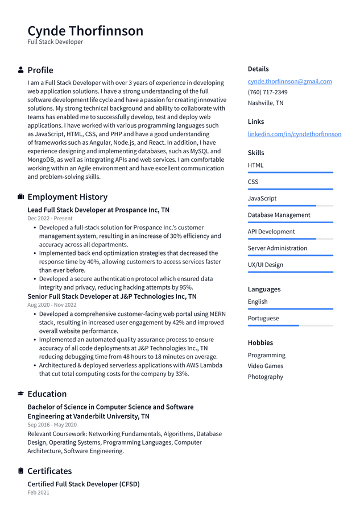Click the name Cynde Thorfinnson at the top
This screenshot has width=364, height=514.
(x=85, y=31)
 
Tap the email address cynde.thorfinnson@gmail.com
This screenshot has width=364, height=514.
(x=289, y=81)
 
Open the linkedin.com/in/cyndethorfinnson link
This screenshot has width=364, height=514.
(x=294, y=134)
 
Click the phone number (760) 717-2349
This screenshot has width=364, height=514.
(x=267, y=92)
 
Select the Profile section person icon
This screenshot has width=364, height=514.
(x=21, y=70)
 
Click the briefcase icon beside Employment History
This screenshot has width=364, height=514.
(x=21, y=197)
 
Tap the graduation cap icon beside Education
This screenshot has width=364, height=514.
(x=21, y=394)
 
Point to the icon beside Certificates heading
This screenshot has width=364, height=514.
(x=21, y=471)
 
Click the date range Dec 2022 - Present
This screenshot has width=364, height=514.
(x=50, y=218)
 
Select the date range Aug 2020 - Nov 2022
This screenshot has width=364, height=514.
(x=52, y=304)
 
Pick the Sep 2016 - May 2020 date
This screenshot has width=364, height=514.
(x=52, y=424)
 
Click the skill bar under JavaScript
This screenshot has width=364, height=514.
(x=290, y=206)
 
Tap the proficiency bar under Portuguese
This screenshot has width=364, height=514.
(x=290, y=325)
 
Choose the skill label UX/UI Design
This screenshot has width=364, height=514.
(x=265, y=265)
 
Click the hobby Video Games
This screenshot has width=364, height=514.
(x=265, y=366)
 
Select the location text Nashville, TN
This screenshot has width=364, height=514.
(x=265, y=103)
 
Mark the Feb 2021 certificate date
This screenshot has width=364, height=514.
(x=38, y=492)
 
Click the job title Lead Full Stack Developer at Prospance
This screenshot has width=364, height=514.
(x=98, y=210)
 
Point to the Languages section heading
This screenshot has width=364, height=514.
(x=264, y=289)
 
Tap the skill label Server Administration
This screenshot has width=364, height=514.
(x=277, y=248)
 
